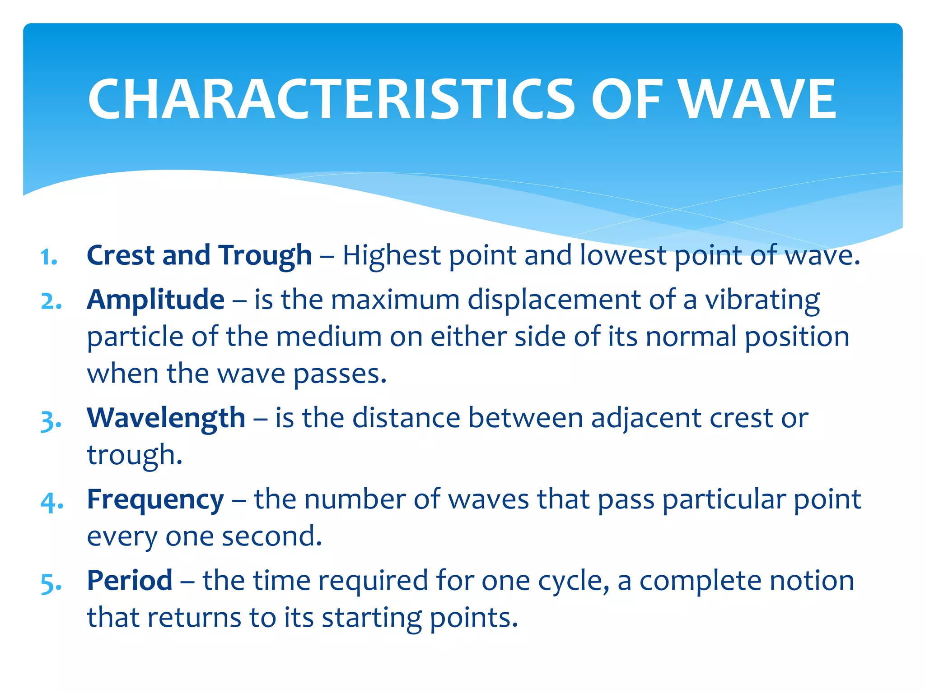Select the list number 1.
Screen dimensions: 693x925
pos(49,258)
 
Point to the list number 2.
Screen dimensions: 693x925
pos(51,301)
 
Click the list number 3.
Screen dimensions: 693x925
pos(51,421)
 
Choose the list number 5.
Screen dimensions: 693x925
pos(51,583)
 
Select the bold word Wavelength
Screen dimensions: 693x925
pos(166,418)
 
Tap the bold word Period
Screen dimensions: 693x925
pos(130,581)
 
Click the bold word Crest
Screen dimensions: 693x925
pos(121,255)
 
